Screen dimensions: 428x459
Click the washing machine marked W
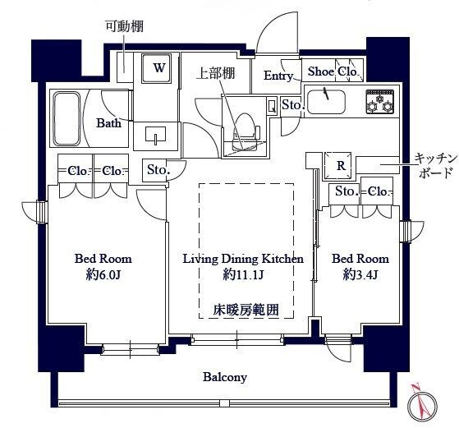coord(158,68)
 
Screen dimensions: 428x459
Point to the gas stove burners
coord(379,102)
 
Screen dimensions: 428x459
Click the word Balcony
coord(225,377)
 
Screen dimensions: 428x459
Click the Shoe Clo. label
coord(333,71)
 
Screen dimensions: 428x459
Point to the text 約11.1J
coord(242,274)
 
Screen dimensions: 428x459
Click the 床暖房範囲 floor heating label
coord(246,310)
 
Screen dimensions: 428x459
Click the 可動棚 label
coord(124,26)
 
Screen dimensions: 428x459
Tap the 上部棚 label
coord(215,73)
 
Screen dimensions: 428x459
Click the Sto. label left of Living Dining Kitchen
coord(158,171)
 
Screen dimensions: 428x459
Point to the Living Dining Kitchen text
coord(242,258)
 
